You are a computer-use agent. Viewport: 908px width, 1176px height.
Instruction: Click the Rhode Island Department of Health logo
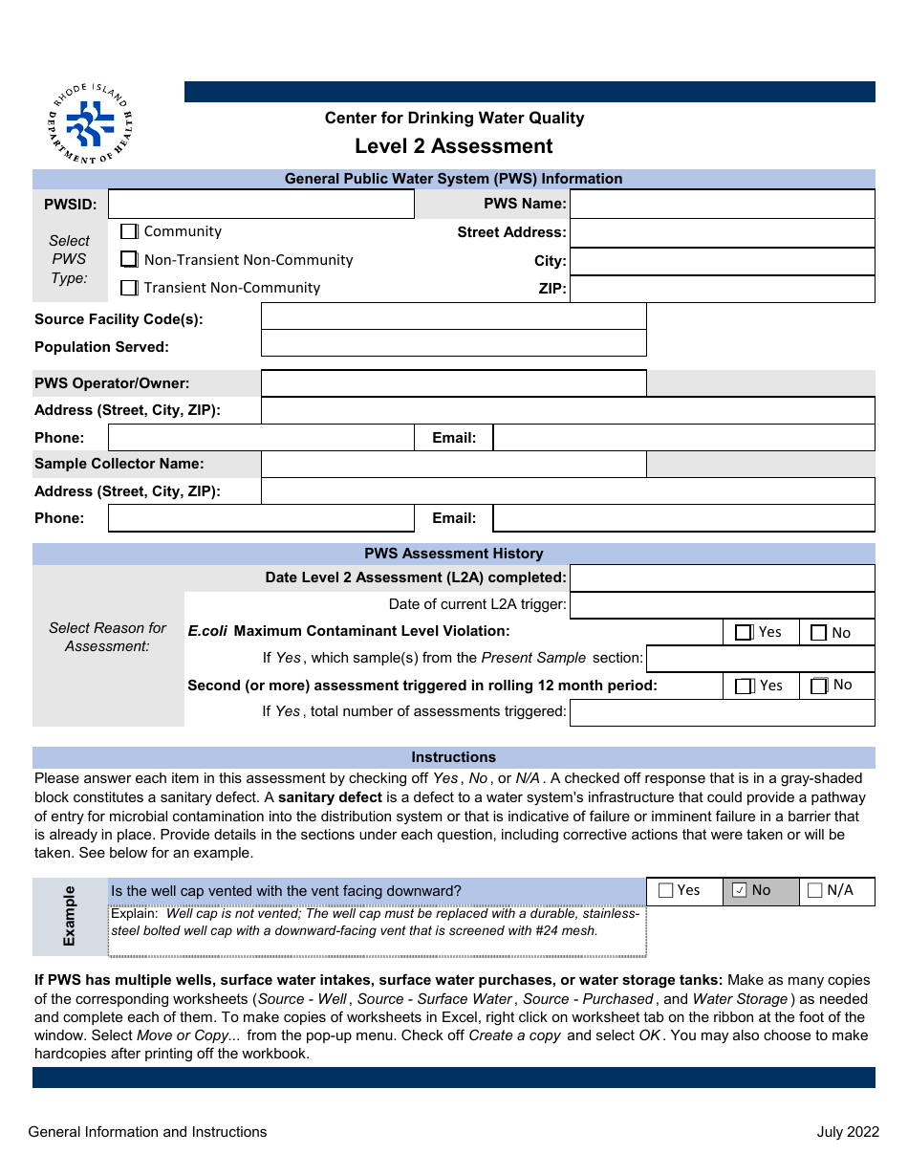click(91, 123)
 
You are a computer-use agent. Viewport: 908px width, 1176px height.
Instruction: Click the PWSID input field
click(261, 204)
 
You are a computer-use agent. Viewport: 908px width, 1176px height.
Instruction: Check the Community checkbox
click(129, 231)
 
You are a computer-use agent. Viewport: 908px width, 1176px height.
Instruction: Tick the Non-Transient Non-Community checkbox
click(129, 259)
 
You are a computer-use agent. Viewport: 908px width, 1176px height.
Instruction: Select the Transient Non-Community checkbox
click(129, 288)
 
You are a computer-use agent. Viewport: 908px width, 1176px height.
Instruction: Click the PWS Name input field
click(722, 204)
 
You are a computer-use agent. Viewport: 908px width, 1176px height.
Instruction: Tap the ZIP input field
click(722, 289)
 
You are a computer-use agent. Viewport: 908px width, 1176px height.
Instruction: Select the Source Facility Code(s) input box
click(453, 316)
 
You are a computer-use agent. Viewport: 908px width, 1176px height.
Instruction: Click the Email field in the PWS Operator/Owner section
click(683, 438)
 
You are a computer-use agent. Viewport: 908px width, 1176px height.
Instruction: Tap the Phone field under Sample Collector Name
click(261, 518)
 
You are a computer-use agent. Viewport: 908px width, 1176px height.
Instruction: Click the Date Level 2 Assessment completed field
click(722, 577)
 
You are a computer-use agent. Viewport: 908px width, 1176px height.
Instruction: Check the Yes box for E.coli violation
click(744, 632)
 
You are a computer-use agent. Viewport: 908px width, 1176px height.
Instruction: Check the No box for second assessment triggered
click(819, 686)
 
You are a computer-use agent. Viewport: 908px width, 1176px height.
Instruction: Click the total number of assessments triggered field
click(722, 712)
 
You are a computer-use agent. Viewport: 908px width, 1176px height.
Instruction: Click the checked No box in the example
click(740, 891)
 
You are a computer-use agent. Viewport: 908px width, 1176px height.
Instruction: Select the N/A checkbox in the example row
click(815, 891)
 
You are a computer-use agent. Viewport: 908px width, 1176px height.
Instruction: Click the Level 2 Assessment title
click(453, 146)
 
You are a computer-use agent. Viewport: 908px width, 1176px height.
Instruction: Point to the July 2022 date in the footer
click(847, 1132)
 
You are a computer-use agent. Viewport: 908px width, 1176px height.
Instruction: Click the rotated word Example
click(70, 916)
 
